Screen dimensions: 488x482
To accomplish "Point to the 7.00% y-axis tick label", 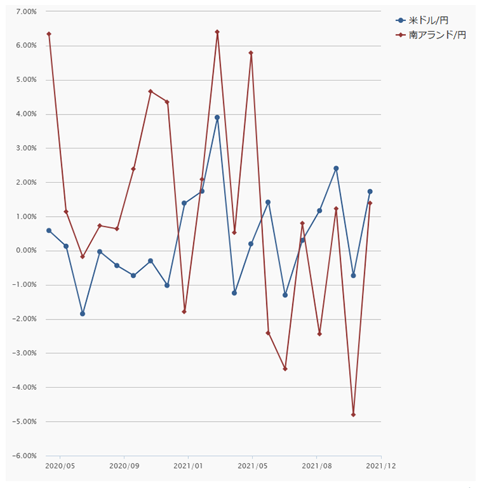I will [24, 12].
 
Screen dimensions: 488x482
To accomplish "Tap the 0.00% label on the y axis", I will [24, 251].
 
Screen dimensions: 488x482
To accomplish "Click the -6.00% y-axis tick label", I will [23, 456].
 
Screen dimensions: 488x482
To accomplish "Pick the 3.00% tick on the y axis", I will [24, 148].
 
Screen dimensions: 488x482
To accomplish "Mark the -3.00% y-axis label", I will [23, 353].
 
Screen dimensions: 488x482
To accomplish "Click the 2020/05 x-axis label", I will [61, 466].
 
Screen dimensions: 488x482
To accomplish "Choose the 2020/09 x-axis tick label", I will [124, 466].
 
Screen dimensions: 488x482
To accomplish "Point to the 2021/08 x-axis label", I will [317, 466].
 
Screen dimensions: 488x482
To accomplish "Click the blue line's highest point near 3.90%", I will [218, 118].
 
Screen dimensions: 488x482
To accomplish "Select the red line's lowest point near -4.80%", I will [353, 414].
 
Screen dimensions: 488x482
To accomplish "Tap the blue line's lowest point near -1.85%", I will [83, 314].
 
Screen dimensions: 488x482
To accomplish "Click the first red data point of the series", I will [49, 34].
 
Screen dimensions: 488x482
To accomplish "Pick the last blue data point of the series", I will [370, 191].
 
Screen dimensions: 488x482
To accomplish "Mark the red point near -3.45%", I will [285, 369].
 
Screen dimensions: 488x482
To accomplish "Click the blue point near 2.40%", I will [336, 169].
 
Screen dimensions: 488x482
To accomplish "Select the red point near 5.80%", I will [251, 53].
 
